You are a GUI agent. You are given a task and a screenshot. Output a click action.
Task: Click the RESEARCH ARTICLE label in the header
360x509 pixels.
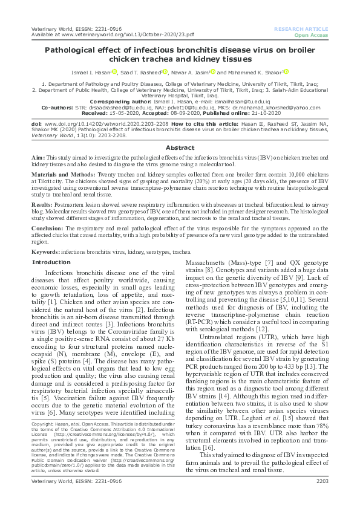(301, 28)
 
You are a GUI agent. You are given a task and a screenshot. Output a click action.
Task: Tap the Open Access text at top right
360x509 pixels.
(310, 35)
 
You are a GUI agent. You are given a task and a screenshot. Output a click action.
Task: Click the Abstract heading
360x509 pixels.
(180, 148)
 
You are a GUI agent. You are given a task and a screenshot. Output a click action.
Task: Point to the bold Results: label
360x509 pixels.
(44, 205)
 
